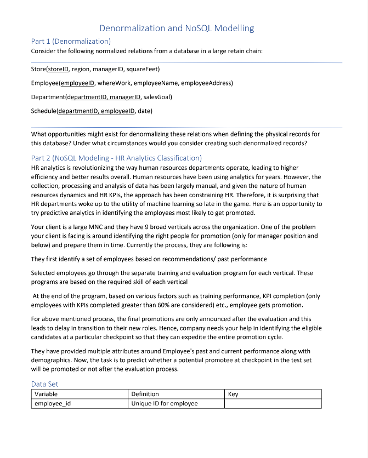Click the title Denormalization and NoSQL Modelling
(x=177, y=28)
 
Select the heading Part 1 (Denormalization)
(x=71, y=41)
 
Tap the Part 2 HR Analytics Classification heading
(x=112, y=158)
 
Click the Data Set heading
(x=44, y=384)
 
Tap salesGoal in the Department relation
(x=157, y=97)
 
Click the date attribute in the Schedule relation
(x=144, y=111)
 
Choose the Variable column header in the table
(x=46, y=394)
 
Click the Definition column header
(x=145, y=394)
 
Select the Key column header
(x=233, y=394)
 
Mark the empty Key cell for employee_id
(x=273, y=404)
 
